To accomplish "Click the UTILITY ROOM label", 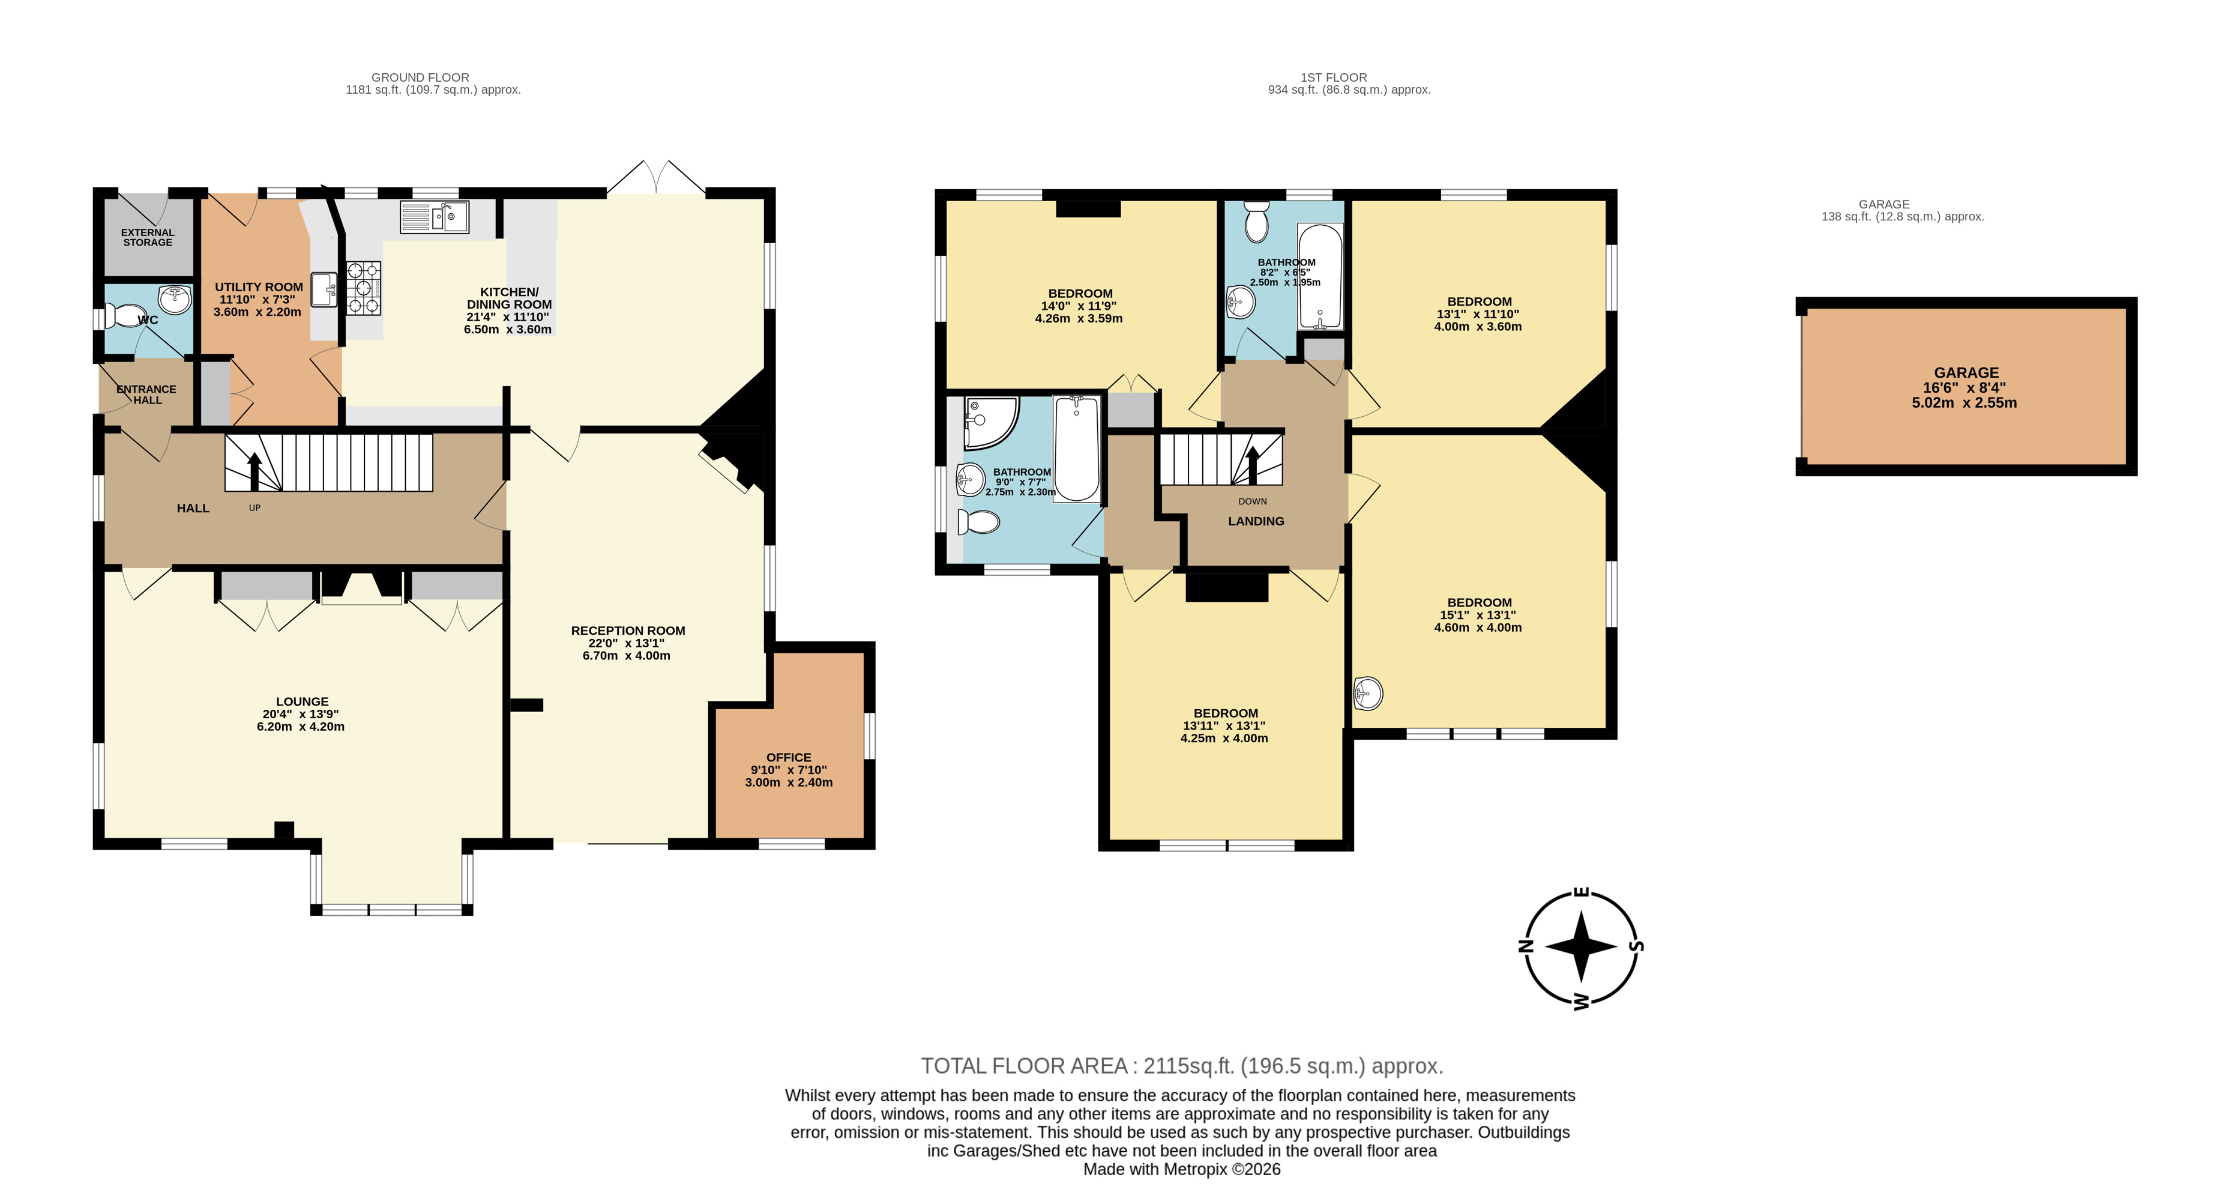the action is pyautogui.click(x=259, y=286).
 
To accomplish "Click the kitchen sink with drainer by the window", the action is pyautogui.click(x=434, y=217).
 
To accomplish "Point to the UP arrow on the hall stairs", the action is pyautogui.click(x=254, y=472).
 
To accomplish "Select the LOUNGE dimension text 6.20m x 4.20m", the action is pyautogui.click(x=301, y=727).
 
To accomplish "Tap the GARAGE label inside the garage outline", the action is pyautogui.click(x=1966, y=372).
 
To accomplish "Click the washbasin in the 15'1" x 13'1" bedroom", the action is pyautogui.click(x=1368, y=693).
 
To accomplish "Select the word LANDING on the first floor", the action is pyautogui.click(x=1256, y=521).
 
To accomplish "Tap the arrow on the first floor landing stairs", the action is pyautogui.click(x=1252, y=465).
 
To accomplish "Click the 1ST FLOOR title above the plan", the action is pyautogui.click(x=1334, y=77).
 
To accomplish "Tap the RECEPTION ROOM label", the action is pyautogui.click(x=628, y=631).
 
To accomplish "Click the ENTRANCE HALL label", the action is pyautogui.click(x=146, y=394).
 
